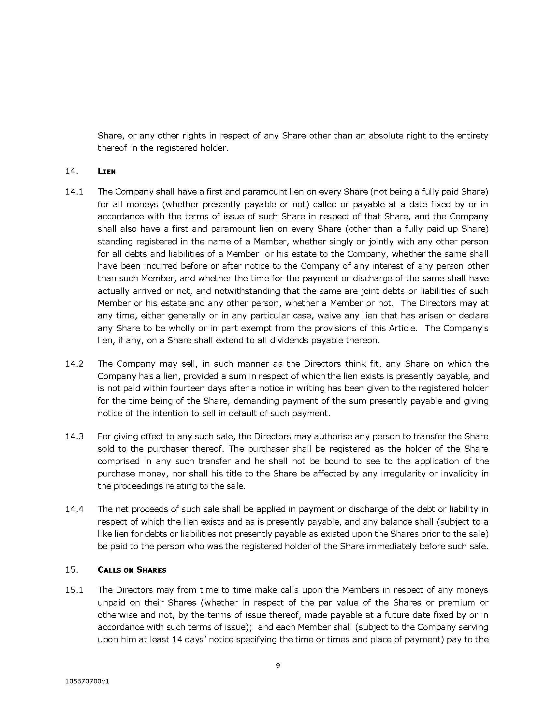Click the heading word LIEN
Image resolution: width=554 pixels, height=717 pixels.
pyautogui.click(x=107, y=171)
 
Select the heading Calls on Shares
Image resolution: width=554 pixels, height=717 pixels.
pyautogui.click(x=132, y=570)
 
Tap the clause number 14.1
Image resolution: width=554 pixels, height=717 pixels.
pyautogui.click(x=75, y=192)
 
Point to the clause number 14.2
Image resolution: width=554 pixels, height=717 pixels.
pyautogui.click(x=75, y=364)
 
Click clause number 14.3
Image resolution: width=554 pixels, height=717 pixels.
pyautogui.click(x=75, y=437)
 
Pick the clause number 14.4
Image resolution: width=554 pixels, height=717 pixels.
pyautogui.click(x=75, y=509)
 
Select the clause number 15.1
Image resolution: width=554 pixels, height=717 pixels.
pyautogui.click(x=75, y=590)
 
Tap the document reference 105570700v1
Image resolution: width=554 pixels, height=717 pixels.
pyautogui.click(x=87, y=681)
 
